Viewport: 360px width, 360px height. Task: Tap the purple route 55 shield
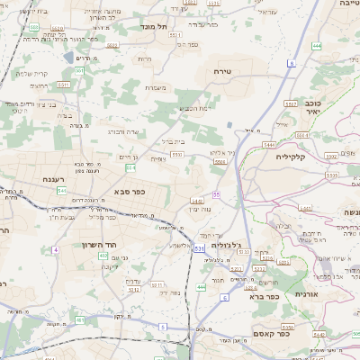pyautogui.click(x=217, y=194)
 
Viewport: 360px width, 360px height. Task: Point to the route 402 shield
pyautogui.click(x=103, y=256)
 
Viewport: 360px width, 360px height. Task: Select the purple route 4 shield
pyautogui.click(x=55, y=249)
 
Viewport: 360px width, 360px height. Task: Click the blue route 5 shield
pyautogui.click(x=162, y=326)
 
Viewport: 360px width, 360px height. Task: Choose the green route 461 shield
pyautogui.click(x=81, y=319)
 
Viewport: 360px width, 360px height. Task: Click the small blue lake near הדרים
pyautogui.click(x=68, y=58)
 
